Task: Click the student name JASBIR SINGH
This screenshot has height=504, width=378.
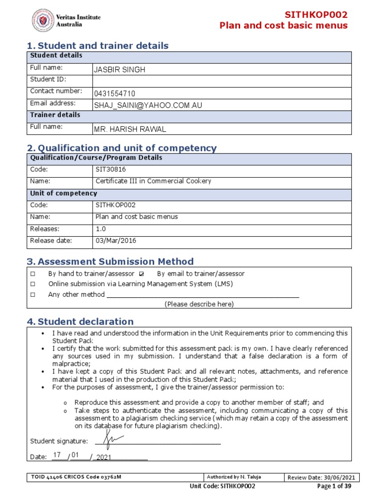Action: click(x=120, y=70)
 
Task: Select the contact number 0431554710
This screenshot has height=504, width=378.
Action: click(x=115, y=94)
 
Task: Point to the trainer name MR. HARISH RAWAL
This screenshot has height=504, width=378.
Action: click(x=130, y=129)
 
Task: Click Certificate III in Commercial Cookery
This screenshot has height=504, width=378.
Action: click(x=153, y=181)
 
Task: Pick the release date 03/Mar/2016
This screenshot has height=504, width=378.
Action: click(x=116, y=241)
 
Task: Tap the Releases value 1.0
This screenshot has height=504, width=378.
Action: click(x=100, y=229)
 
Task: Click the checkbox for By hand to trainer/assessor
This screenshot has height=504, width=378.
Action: click(x=33, y=274)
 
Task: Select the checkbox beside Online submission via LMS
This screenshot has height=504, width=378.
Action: click(x=33, y=284)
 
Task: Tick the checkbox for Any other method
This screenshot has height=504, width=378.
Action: click(x=33, y=295)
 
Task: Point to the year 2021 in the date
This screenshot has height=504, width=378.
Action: click(x=104, y=457)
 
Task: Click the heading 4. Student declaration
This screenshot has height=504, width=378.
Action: click(x=80, y=322)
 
